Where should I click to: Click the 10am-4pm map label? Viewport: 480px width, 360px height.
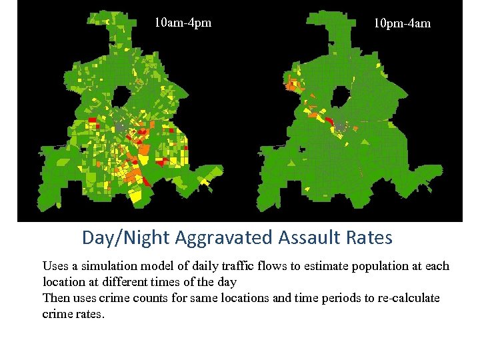click(183, 23)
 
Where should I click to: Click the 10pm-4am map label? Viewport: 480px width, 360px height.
click(401, 23)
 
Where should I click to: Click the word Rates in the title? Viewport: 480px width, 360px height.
click(370, 237)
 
